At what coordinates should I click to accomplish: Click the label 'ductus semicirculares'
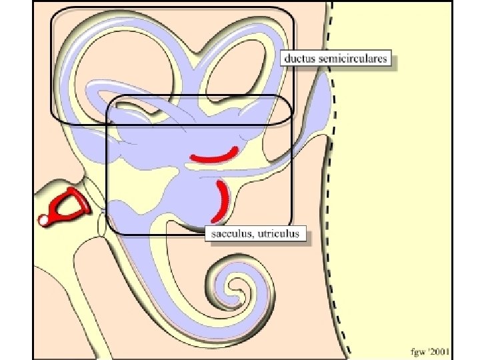tap(336, 59)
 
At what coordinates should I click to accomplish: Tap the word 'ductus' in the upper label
tap(299, 59)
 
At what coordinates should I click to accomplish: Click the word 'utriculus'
tap(281, 234)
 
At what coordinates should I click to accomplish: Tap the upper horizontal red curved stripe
tap(213, 157)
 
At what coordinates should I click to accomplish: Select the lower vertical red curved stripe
tap(221, 200)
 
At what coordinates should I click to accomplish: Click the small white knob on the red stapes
tap(44, 219)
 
